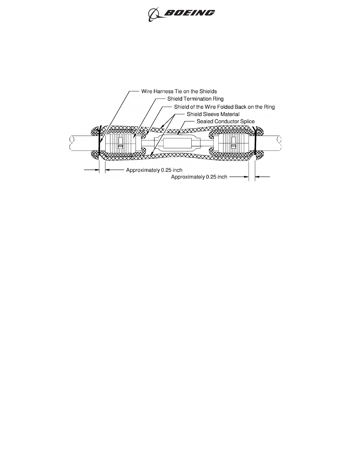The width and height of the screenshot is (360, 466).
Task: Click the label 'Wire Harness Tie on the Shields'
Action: click(179, 91)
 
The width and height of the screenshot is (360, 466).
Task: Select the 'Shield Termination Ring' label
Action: click(195, 99)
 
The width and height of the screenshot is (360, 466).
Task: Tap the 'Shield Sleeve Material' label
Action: click(213, 114)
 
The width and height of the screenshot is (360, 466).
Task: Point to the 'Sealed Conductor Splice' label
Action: click(226, 122)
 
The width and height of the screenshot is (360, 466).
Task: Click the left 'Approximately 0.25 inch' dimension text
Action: click(154, 170)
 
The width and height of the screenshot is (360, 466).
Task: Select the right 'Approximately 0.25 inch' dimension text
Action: click(199, 177)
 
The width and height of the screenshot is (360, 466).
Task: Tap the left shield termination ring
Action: click(121, 143)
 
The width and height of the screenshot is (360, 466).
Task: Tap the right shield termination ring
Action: click(233, 143)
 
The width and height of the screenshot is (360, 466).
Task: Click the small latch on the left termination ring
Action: click(120, 147)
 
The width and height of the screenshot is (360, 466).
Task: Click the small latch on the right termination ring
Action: click(233, 147)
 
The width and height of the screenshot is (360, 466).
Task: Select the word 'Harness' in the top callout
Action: click(163, 91)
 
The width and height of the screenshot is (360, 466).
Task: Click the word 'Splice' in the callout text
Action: click(247, 122)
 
